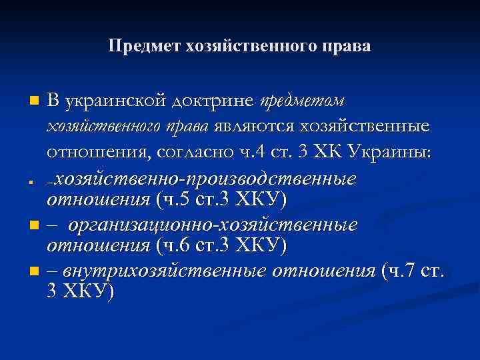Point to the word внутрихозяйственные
click(x=165, y=270)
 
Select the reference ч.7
click(x=403, y=270)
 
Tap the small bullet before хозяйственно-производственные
click(x=33, y=181)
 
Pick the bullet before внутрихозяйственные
click(x=34, y=271)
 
